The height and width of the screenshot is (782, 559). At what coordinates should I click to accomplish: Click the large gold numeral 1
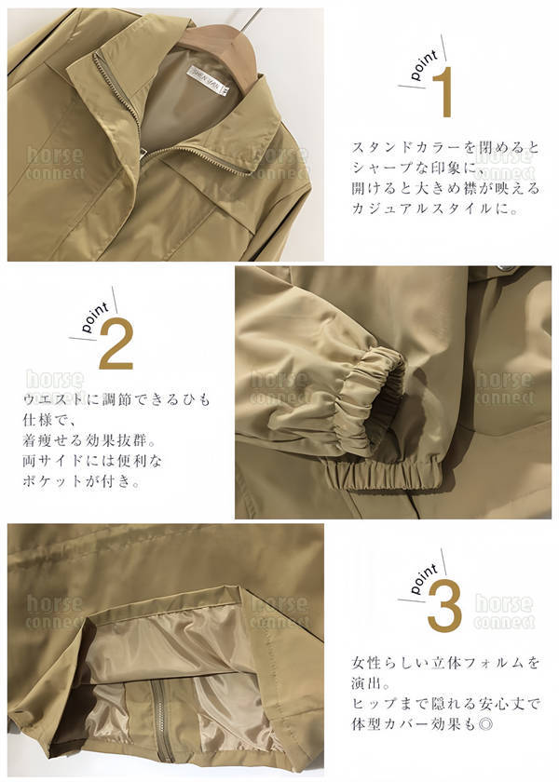443,92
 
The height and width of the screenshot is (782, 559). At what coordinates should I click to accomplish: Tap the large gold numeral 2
116,344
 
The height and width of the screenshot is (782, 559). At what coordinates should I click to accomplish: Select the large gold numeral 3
444,607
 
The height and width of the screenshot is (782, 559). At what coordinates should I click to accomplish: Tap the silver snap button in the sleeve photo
507,269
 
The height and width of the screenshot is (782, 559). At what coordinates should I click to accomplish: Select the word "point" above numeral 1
424,65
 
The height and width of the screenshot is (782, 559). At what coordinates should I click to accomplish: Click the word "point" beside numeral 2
95,317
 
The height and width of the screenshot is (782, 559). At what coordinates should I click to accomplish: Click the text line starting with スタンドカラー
445,148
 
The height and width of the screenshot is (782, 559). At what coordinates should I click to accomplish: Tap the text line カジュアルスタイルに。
435,209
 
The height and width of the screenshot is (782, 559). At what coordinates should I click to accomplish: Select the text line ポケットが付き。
82,480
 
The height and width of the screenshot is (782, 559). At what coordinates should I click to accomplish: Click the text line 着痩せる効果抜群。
89,439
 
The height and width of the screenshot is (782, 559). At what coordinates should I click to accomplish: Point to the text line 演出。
372,682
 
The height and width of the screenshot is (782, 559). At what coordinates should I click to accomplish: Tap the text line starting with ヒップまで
445,703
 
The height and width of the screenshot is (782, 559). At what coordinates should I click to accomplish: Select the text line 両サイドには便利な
92,460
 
